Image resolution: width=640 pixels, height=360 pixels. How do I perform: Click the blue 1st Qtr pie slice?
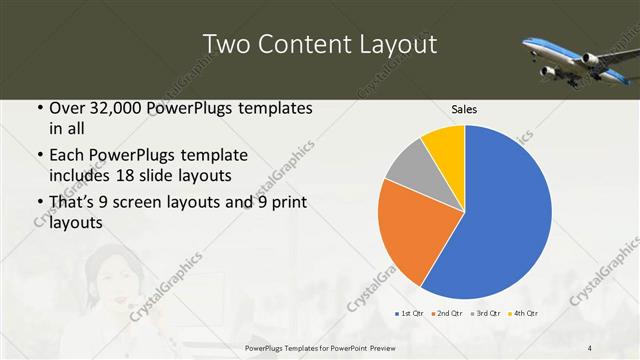[505, 215]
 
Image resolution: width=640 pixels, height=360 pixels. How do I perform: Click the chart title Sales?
[464, 108]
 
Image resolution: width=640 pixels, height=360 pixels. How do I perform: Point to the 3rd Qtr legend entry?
[484, 314]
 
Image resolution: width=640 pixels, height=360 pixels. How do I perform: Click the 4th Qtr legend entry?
[523, 314]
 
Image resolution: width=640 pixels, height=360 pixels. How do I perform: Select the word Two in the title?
[227, 45]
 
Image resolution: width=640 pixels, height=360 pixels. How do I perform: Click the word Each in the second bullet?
[68, 155]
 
